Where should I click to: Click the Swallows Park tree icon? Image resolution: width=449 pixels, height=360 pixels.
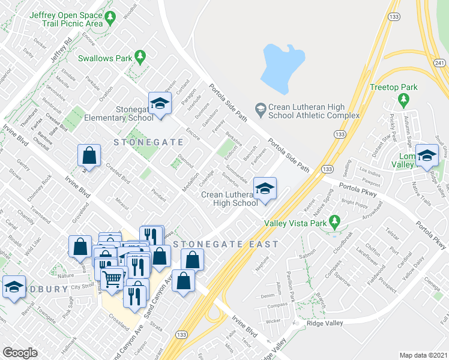pos(140,57)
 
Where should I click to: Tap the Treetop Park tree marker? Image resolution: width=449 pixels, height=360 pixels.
pos(409,87)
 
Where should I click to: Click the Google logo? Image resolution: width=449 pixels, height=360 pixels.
pos(19,353)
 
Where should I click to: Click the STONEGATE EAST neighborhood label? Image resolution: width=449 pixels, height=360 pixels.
pos(226,244)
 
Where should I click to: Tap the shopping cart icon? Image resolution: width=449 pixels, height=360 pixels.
pos(112,278)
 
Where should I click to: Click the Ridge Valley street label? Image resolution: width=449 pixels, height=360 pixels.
pos(325,323)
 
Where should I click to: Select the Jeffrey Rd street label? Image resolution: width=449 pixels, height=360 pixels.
pos(61,47)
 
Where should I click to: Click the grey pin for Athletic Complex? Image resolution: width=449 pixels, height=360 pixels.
pos(260,108)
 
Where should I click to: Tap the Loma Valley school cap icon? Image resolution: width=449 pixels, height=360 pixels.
pos(427,155)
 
